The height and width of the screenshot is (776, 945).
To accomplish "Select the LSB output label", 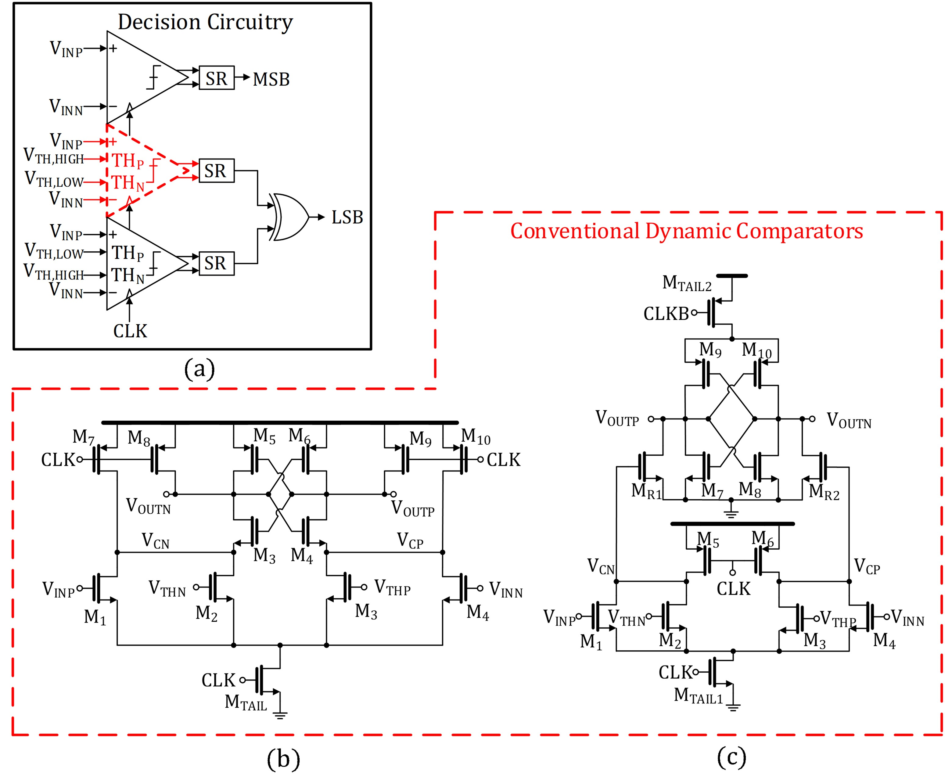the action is [x=347, y=218].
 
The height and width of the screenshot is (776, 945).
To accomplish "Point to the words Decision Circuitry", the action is [x=205, y=22].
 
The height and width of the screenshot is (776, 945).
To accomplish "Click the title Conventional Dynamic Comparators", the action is [x=687, y=232].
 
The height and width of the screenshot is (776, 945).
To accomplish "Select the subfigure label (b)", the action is [x=283, y=759].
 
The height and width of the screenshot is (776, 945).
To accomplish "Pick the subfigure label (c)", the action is [x=732, y=757].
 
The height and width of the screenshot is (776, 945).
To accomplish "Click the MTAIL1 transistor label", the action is [x=698, y=696].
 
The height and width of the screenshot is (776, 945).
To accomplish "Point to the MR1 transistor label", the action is [x=646, y=492].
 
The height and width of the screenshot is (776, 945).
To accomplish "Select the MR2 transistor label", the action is [x=824, y=492].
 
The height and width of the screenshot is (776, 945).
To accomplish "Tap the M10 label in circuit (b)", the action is [x=476, y=437].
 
